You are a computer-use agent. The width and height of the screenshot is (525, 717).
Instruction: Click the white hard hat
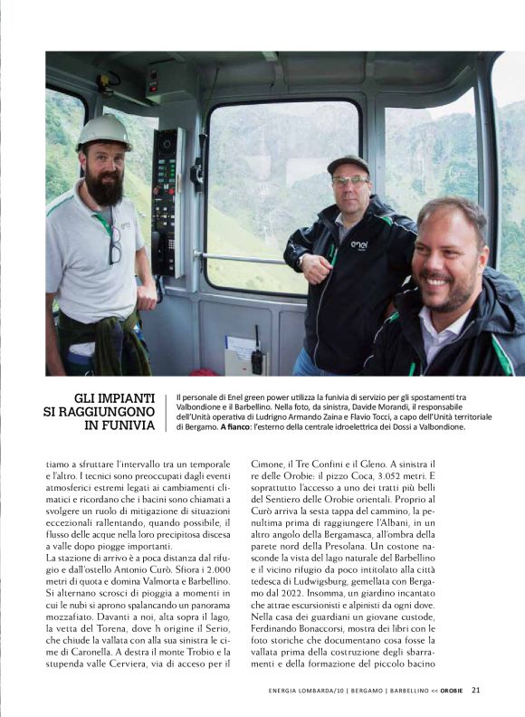point(103,131)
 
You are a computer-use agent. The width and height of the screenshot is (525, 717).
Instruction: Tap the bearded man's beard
point(105,190)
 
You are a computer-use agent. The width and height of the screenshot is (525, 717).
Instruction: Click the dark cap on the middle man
point(348,164)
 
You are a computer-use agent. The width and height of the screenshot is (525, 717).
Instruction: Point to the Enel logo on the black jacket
point(358,244)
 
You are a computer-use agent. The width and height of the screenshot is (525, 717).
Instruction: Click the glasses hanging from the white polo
point(115,244)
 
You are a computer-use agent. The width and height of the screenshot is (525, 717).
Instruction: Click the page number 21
point(475,690)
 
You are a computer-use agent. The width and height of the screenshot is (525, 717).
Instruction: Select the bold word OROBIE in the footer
point(451,691)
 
